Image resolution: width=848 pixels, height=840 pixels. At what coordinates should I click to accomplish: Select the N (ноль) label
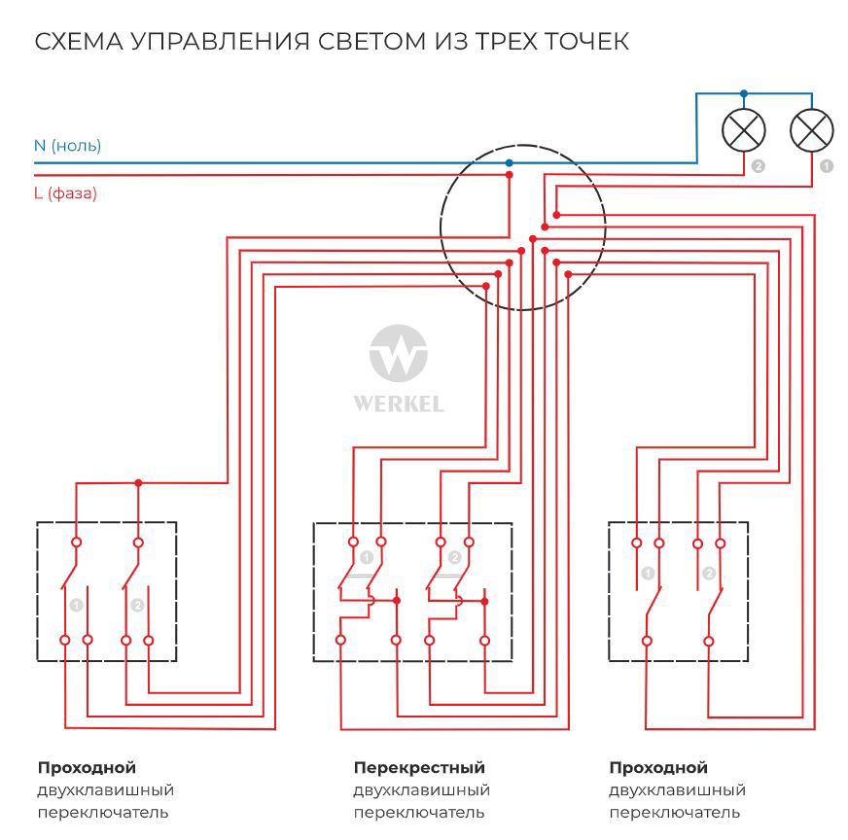[67, 146]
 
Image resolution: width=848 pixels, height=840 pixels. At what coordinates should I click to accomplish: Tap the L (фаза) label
[65, 193]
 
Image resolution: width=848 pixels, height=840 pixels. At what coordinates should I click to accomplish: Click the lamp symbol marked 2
[744, 129]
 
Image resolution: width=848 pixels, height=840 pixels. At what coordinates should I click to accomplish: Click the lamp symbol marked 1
[812, 129]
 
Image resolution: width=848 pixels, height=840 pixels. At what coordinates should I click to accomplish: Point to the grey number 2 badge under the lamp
[759, 166]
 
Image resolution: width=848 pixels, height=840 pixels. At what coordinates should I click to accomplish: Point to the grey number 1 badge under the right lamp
[827, 166]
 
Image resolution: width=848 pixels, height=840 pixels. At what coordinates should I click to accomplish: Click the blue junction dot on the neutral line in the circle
[509, 162]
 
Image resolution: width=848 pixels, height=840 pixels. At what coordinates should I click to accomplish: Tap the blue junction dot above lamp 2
[744, 93]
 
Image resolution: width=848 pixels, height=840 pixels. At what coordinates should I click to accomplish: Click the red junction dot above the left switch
[138, 483]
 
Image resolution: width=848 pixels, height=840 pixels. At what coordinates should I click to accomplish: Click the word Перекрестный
[419, 768]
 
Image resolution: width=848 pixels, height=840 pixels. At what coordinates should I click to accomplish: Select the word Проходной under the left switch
[87, 768]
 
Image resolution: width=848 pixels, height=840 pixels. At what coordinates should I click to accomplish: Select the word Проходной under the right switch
[658, 768]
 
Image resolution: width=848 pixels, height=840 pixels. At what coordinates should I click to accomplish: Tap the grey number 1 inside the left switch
[77, 605]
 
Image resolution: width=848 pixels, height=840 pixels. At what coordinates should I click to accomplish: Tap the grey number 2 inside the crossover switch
[454, 557]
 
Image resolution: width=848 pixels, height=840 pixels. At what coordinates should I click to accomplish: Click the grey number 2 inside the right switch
[709, 574]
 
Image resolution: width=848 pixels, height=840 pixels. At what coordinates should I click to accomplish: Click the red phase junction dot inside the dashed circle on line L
[509, 176]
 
